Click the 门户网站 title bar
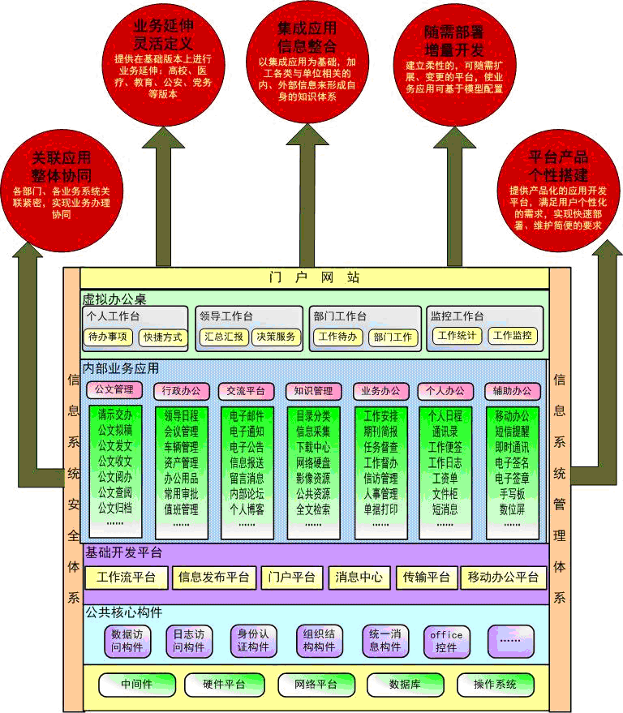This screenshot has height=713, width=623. [x=314, y=277]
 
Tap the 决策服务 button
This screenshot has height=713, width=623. [x=277, y=337]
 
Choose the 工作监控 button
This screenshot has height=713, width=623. [x=512, y=336]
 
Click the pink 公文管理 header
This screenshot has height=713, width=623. [x=114, y=390]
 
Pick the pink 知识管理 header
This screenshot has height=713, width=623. [x=312, y=391]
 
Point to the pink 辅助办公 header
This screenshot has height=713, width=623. [x=512, y=391]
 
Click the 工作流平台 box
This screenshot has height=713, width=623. [x=126, y=578]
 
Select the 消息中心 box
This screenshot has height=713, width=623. [x=359, y=578]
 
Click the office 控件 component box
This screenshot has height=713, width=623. [x=446, y=641]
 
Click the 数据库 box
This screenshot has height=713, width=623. [x=404, y=684]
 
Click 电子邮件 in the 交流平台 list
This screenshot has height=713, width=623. [x=246, y=416]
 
